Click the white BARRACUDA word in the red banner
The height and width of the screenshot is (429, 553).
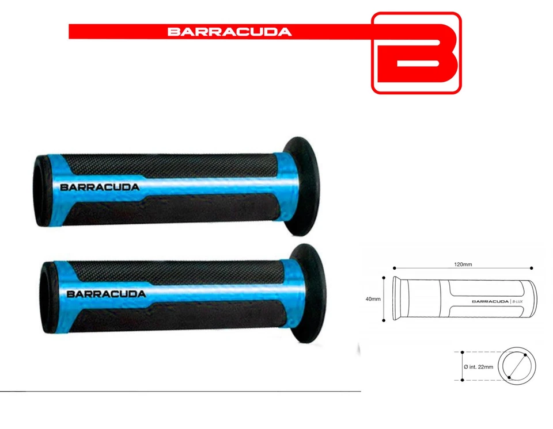point(229,32)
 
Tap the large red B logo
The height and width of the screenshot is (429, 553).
point(416,53)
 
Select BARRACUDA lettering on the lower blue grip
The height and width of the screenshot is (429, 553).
point(106,293)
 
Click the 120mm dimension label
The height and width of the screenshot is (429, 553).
point(463,265)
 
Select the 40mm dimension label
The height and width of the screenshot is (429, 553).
point(372,299)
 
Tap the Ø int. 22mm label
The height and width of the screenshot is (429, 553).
point(478,366)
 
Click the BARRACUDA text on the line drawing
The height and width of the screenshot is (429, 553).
point(490,301)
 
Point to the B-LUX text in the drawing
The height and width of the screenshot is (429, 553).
point(521,301)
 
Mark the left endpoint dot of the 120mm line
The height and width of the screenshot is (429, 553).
point(394,268)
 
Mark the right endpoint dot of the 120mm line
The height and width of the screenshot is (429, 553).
point(531,268)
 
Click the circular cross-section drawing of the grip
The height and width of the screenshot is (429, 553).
point(517,366)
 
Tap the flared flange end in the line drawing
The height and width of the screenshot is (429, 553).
point(396,299)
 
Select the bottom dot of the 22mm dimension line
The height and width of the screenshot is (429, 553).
point(462,380)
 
